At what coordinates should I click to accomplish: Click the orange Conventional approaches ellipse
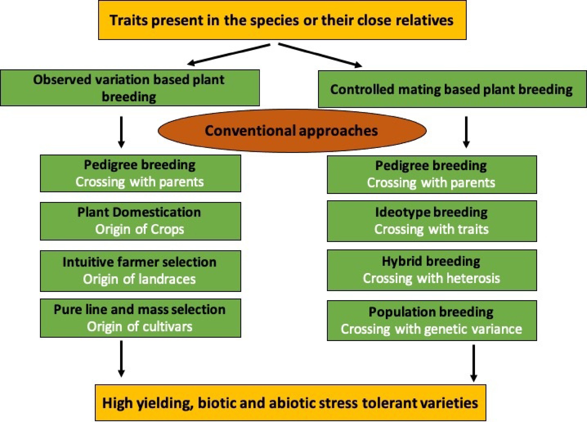pyautogui.click(x=292, y=131)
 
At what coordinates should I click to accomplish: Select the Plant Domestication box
pyautogui.click(x=141, y=221)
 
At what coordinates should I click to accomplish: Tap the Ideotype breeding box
pyautogui.click(x=432, y=221)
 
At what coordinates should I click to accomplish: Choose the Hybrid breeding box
pyautogui.click(x=432, y=270)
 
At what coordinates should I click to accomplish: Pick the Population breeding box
pyautogui.click(x=432, y=320)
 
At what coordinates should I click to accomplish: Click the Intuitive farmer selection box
pyautogui.click(x=141, y=271)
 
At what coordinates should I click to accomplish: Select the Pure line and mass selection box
pyautogui.click(x=141, y=318)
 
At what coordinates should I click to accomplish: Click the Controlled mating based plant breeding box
pyautogui.click(x=452, y=89)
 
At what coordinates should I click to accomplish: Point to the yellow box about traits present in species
pyautogui.click(x=282, y=20)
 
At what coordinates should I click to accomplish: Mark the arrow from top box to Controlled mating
pyautogui.click(x=320, y=55)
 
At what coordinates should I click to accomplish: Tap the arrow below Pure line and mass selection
pyautogui.click(x=121, y=359)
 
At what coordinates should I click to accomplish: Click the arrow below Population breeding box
pyautogui.click(x=474, y=363)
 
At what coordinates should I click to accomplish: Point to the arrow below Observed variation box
pyautogui.click(x=121, y=132)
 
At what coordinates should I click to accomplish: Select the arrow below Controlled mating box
pyautogui.click(x=466, y=132)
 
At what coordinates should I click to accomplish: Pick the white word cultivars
pyautogui.click(x=168, y=327)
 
